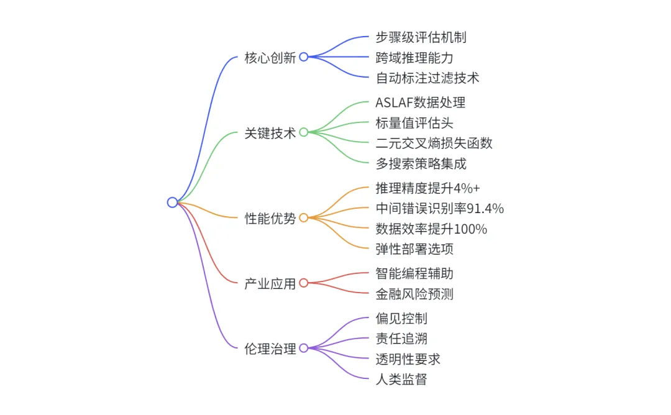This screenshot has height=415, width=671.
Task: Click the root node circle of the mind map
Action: [172, 202]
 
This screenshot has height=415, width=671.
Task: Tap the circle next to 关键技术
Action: [304, 132]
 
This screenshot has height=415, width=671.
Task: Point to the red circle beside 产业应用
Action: [304, 283]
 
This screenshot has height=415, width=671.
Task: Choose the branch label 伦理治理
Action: [270, 349]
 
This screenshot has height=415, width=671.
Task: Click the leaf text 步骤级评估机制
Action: [421, 37]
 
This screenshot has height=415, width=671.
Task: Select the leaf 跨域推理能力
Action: [414, 58]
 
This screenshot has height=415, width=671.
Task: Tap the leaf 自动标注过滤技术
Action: [427, 78]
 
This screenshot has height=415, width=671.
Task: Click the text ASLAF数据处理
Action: [420, 103]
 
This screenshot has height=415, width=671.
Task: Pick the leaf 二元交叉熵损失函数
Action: [434, 143]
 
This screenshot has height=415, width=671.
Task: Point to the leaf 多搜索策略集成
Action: [421, 164]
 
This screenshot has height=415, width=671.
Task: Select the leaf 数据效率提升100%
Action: [431, 229]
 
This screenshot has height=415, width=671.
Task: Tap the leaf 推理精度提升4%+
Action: [428, 188]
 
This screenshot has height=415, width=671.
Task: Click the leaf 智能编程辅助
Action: [414, 273]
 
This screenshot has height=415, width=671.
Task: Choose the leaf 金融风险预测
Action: [414, 294]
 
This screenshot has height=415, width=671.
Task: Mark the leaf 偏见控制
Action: [401, 319]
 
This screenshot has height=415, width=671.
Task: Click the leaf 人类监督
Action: [401, 379]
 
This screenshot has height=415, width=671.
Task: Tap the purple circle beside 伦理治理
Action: [304, 348]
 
